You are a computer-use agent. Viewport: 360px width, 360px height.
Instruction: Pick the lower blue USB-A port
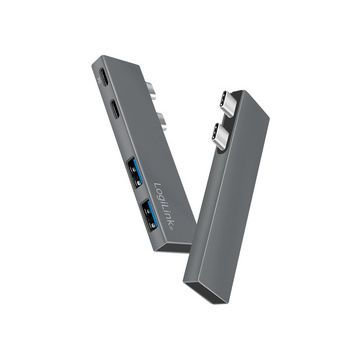[148, 211]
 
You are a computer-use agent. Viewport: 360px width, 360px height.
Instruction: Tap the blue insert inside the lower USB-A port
[149, 213]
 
